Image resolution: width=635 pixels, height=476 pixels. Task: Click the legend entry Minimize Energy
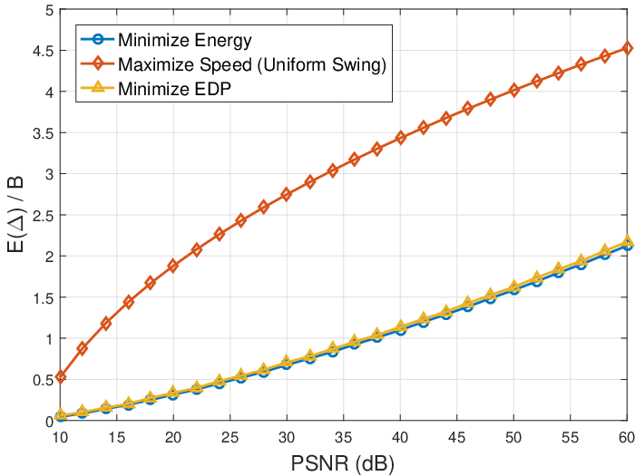pyautogui.click(x=185, y=40)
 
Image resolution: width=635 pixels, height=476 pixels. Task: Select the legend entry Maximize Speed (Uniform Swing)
pyautogui.click(x=252, y=64)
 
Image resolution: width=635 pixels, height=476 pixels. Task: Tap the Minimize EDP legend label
pyautogui.click(x=174, y=89)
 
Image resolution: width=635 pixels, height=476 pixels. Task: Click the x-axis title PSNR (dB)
pyautogui.click(x=342, y=464)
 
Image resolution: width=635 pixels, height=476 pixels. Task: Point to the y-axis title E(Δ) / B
pyautogui.click(x=15, y=215)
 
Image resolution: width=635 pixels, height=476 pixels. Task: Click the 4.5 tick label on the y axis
pyautogui.click(x=44, y=51)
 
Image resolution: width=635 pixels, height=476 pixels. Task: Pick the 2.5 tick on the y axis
pyautogui.click(x=44, y=216)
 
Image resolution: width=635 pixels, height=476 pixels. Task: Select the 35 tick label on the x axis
pyautogui.click(x=344, y=438)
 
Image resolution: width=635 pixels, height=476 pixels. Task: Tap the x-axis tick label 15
pyautogui.click(x=117, y=438)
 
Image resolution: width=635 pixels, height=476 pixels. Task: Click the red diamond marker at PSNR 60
pyautogui.click(x=628, y=49)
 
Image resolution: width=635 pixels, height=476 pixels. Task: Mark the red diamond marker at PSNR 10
pyautogui.click(x=61, y=377)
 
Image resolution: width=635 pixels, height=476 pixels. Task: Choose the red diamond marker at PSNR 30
pyautogui.click(x=287, y=194)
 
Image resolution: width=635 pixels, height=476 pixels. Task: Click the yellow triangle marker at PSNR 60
pyautogui.click(x=628, y=240)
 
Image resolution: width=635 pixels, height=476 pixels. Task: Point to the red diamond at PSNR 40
pyautogui.click(x=401, y=138)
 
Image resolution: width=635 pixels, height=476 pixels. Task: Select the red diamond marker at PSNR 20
pyautogui.click(x=173, y=266)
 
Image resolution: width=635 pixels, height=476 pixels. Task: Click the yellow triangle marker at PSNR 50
pyautogui.click(x=514, y=287)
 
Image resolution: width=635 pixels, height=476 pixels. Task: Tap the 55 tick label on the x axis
pyautogui.click(x=571, y=438)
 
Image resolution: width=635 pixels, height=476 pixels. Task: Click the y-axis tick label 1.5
pyautogui.click(x=44, y=298)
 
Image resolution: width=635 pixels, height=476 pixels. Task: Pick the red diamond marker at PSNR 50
pyautogui.click(x=514, y=90)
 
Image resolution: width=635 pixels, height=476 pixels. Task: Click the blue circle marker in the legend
pyautogui.click(x=98, y=40)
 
